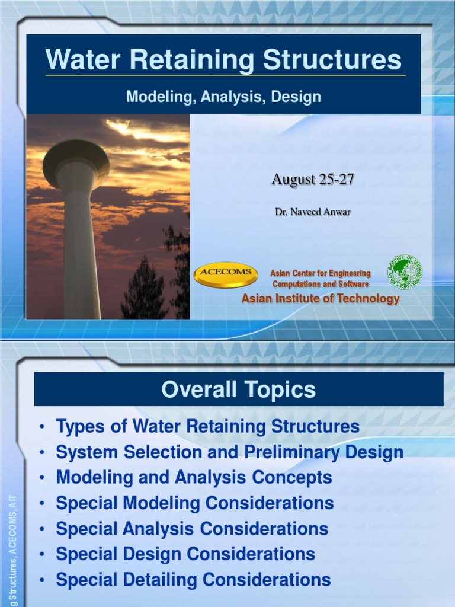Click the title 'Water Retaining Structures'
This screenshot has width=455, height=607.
tap(223, 60)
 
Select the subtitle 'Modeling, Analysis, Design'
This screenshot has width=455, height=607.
tap(223, 97)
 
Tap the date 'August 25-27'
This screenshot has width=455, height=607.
tap(312, 179)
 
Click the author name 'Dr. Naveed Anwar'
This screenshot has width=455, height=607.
tap(312, 212)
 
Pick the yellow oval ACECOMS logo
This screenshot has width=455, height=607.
tap(226, 274)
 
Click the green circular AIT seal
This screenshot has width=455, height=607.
tap(405, 271)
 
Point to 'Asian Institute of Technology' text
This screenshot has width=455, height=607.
tap(321, 299)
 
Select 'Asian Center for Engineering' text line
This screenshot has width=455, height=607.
tap(321, 273)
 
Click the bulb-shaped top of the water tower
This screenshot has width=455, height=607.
tap(76, 161)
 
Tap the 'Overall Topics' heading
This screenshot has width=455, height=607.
tap(238, 389)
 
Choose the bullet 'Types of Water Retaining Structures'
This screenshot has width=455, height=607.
tap(207, 426)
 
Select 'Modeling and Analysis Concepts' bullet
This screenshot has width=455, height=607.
tap(194, 477)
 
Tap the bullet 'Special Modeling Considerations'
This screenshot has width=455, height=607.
tap(194, 503)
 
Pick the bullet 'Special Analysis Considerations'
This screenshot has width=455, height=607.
tap(191, 528)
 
